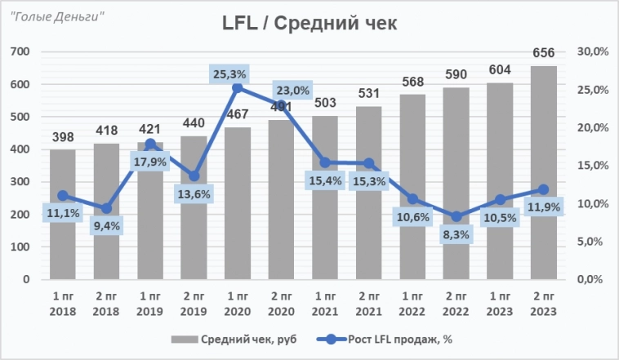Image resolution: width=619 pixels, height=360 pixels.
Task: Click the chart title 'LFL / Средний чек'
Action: (309, 23)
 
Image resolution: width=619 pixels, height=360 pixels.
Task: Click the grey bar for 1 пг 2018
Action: (63, 245)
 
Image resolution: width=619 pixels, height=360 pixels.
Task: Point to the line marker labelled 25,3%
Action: (238, 87)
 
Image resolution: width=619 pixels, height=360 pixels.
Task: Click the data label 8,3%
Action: (456, 235)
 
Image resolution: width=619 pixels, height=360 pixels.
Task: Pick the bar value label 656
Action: (544, 53)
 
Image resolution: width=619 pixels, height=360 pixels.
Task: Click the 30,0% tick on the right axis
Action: (592, 51)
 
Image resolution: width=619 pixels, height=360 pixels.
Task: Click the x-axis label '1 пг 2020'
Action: (238, 302)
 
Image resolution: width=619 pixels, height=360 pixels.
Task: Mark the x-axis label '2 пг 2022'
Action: (456, 302)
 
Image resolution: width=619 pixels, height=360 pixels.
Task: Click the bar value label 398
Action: (63, 138)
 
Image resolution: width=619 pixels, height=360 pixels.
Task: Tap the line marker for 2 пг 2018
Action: (106, 208)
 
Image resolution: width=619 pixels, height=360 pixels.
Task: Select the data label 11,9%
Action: (543, 207)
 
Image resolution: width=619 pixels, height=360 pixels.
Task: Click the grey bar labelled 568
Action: (412, 245)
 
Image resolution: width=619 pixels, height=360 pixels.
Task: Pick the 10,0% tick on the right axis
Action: (592, 204)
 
